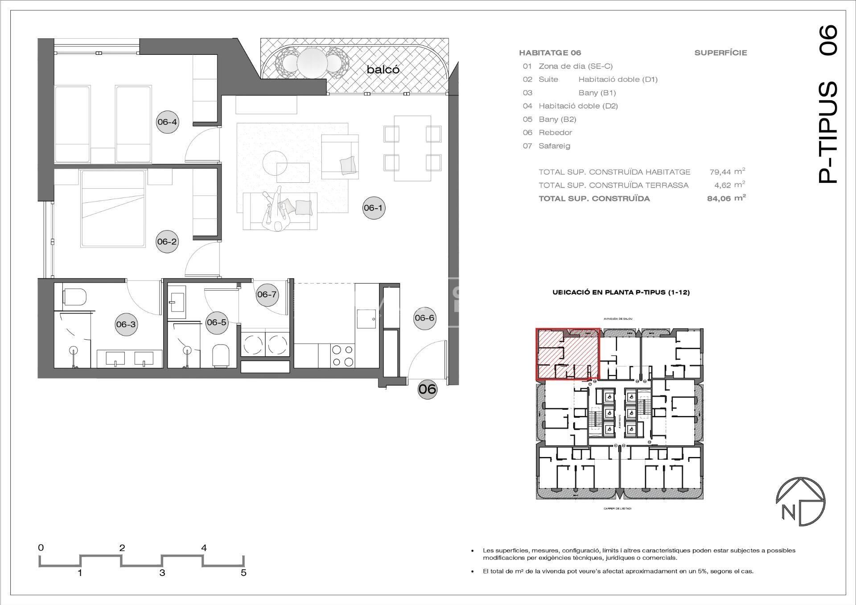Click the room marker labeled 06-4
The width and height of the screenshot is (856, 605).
(167, 122)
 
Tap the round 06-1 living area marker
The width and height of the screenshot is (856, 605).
(373, 208)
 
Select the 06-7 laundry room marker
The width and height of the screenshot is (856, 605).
(267, 295)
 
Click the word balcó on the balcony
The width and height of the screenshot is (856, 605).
(383, 70)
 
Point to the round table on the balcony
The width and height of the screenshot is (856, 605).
(312, 62)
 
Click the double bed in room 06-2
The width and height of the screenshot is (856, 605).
(113, 209)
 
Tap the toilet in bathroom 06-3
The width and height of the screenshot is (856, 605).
(74, 296)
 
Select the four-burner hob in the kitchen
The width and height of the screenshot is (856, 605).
(343, 356)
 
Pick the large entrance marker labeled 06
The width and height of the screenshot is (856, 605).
(427, 389)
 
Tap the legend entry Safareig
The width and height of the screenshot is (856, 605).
(554, 146)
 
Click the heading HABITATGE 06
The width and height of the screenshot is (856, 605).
(550, 53)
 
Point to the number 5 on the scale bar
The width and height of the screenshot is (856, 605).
(243, 573)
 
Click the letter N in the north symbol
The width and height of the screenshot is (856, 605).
(788, 513)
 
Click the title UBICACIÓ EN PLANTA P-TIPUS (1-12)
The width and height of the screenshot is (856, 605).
(621, 292)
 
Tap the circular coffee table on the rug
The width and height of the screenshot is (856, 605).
(275, 163)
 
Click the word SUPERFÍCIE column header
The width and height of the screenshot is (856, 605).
(720, 53)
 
